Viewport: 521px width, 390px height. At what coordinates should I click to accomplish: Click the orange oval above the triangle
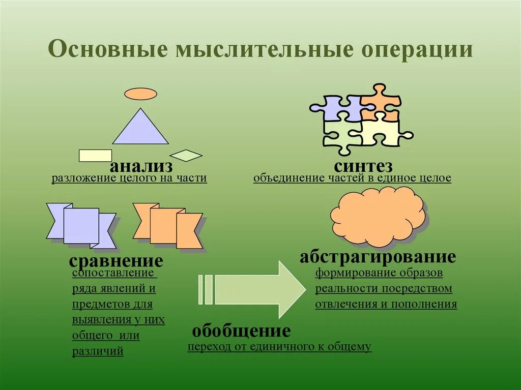141,94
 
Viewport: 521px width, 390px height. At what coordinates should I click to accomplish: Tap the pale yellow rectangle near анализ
95,155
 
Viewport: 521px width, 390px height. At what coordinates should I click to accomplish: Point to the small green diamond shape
186,155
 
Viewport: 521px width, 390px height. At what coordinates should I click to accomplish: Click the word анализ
141,166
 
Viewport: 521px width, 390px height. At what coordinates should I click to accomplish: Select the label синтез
363,166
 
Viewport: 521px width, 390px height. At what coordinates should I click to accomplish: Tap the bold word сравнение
116,261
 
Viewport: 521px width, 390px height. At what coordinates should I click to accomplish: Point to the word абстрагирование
377,257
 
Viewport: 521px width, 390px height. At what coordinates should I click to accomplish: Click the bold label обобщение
241,332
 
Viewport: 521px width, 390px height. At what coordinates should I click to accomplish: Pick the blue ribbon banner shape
81,225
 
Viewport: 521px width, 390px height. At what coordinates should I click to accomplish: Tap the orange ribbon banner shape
168,225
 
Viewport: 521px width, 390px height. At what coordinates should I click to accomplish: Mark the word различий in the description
98,351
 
